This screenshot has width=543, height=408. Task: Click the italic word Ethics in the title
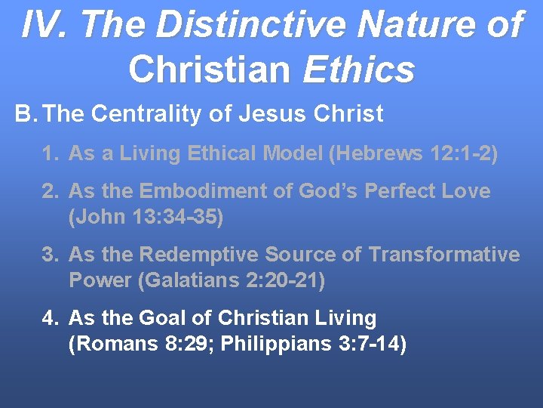(359, 70)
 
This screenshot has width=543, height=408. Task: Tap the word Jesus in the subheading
(263, 114)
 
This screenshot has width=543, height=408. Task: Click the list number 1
(50, 153)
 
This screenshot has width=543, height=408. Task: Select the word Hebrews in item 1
(366, 153)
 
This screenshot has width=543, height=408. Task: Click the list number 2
(50, 191)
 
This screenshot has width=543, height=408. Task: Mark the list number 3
(50, 255)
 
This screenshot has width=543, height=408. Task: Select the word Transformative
(444, 255)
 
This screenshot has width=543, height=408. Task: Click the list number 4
(50, 318)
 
